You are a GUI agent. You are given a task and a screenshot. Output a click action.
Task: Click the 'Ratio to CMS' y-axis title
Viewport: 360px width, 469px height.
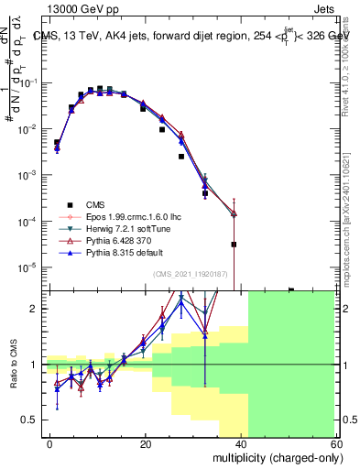[x=13, y=365]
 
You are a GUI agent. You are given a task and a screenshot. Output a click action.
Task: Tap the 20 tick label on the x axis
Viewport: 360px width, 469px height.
[x=145, y=442]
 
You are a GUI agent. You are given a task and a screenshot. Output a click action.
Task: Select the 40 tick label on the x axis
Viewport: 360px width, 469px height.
[x=240, y=442]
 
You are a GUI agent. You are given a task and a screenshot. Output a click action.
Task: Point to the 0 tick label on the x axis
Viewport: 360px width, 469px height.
[x=50, y=442]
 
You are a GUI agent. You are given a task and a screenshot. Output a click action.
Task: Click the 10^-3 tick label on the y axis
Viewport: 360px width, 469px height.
[x=30, y=175]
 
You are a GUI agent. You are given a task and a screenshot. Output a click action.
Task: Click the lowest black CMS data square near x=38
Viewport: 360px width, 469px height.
[x=235, y=245]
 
